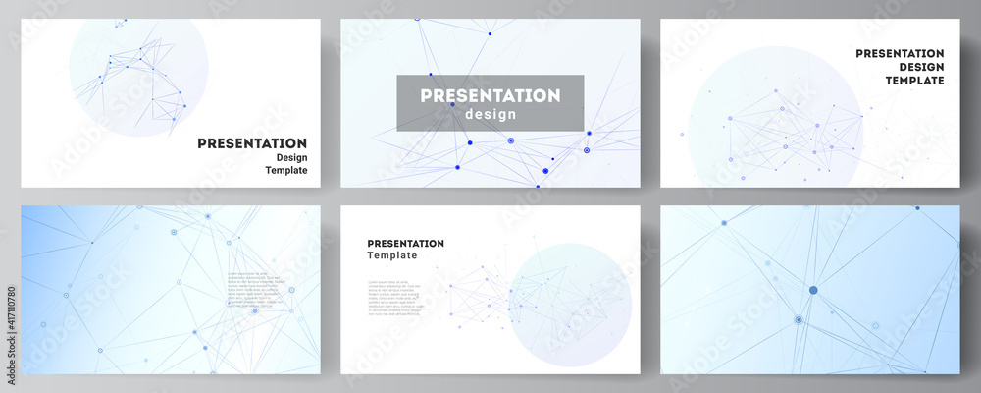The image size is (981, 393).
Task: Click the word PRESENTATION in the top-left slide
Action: [x=252, y=143]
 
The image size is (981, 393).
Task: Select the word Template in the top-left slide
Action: [x=286, y=170]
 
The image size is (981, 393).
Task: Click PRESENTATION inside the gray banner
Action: [x=490, y=96]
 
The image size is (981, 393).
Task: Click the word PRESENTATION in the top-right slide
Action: [x=900, y=53]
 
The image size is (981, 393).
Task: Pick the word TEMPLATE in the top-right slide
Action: [x=913, y=81]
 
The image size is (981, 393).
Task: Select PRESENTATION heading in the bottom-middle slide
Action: [x=405, y=243]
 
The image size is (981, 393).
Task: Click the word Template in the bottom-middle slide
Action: [x=391, y=255]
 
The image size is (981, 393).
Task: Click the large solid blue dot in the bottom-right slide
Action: [x=813, y=289]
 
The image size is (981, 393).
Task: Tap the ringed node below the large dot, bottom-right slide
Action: [x=799, y=320]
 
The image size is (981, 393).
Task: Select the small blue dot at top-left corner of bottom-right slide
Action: [x=724, y=223]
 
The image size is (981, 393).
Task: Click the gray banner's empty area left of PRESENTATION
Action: [x=407, y=103]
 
